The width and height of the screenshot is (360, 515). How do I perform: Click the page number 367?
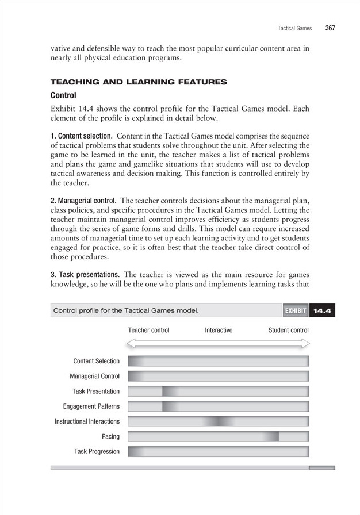tap(330, 28)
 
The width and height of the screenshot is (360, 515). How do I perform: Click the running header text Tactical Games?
tap(294, 28)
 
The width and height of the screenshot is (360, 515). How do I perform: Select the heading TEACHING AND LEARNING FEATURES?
tap(139, 82)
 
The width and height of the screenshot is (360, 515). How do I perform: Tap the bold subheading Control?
tap(64, 95)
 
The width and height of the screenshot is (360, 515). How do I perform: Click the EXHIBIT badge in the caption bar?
tap(294, 311)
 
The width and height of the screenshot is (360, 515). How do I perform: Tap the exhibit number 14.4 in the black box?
tap(322, 311)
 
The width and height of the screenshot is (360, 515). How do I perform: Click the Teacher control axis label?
tap(148, 330)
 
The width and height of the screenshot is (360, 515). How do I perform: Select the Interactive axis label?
tap(219, 330)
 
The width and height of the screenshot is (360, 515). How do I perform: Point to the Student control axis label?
tap(288, 330)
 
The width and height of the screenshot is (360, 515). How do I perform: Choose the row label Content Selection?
tap(97, 361)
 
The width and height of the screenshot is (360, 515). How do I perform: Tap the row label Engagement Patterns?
tap(91, 406)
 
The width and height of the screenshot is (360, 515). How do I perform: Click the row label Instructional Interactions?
tap(87, 421)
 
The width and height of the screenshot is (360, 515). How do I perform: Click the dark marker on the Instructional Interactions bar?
tap(219, 421)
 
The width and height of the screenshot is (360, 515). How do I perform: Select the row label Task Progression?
tap(97, 452)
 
